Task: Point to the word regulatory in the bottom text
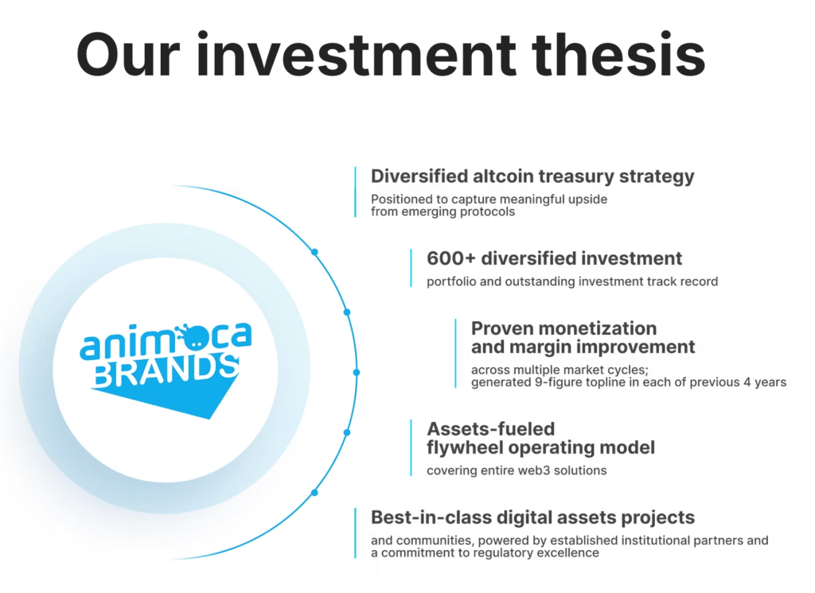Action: [505, 552]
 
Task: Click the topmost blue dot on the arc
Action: [314, 252]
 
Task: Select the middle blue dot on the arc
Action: [356, 372]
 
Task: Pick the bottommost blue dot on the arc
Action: [314, 493]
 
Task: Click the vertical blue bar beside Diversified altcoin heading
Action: [355, 192]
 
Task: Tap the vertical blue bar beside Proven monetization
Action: [456, 354]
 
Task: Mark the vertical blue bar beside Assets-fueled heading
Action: [411, 448]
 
